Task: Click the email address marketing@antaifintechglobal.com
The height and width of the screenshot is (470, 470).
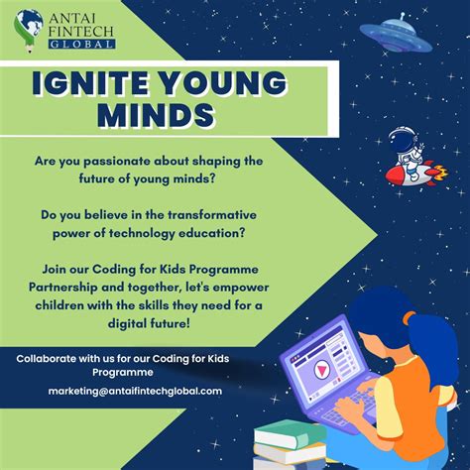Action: pos(135,391)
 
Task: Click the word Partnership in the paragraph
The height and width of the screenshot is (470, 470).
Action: pos(84,282)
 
